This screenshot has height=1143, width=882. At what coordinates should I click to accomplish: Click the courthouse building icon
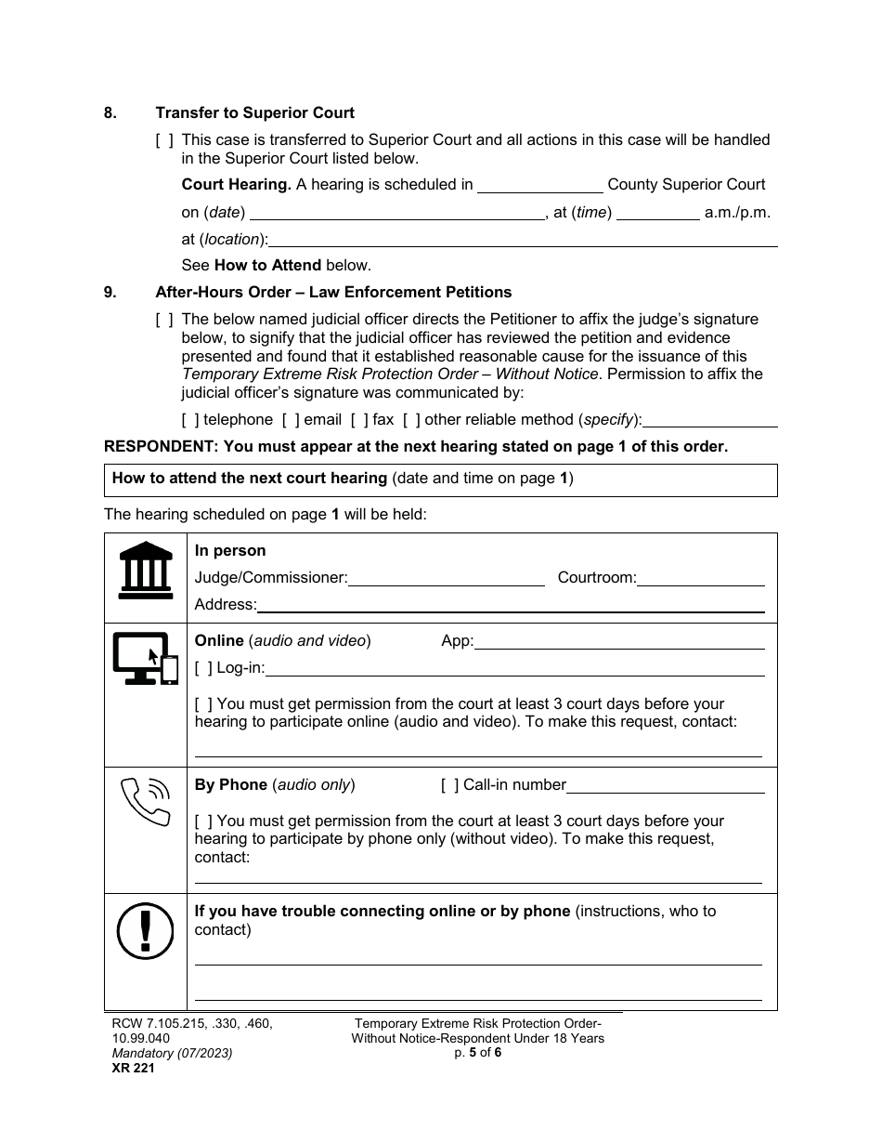click(x=146, y=570)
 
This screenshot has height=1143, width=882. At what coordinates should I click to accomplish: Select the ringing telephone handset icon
click(x=147, y=801)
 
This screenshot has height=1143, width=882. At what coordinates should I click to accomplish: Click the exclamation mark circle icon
click(x=146, y=930)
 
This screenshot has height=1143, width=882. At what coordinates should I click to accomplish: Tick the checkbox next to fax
click(x=359, y=420)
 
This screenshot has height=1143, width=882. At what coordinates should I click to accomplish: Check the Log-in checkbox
click(x=203, y=668)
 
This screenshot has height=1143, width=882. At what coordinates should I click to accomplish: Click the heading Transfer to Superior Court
click(x=254, y=113)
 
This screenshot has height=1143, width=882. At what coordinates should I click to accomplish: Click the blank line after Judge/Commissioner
click(x=446, y=578)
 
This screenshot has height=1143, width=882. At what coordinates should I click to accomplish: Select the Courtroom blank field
click(x=700, y=578)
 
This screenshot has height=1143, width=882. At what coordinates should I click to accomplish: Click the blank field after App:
click(x=619, y=641)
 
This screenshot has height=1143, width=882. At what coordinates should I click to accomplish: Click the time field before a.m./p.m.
click(x=657, y=213)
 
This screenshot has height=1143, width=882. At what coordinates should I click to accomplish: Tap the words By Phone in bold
click(x=230, y=785)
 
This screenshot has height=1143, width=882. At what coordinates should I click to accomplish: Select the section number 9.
click(x=110, y=293)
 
